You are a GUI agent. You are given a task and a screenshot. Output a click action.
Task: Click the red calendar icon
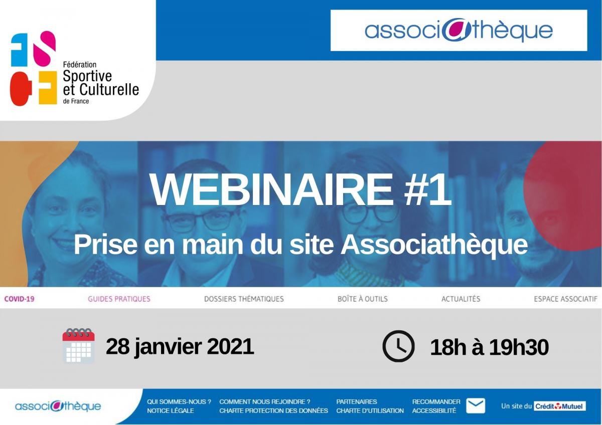78,345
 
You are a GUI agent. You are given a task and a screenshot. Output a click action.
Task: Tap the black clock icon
398,346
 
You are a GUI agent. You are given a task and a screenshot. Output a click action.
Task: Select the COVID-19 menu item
20,299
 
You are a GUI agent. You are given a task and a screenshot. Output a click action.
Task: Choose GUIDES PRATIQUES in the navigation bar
119,299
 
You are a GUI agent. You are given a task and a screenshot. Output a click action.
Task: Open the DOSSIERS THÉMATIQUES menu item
244,299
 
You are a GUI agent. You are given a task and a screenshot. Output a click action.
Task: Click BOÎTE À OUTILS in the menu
363,299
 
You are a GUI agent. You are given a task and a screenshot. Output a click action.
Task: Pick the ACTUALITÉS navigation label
461,299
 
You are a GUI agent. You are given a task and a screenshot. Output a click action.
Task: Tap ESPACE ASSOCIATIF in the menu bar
565,299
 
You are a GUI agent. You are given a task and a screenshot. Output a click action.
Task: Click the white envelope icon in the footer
476,405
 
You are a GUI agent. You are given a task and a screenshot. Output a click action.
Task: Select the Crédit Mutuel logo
560,406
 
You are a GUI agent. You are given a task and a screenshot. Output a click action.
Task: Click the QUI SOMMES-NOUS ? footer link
179,401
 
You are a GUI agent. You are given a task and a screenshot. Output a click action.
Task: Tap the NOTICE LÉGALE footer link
170,410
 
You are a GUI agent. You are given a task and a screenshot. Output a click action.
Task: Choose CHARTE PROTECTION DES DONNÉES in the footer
273,410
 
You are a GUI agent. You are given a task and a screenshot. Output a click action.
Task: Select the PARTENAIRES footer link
356,401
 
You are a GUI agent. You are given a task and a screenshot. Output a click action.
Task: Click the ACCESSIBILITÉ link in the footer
434,410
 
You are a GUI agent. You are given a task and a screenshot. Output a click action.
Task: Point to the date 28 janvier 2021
180,347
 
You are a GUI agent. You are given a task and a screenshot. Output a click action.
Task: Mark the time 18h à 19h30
490,347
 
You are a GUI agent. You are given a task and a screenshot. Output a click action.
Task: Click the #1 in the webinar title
427,189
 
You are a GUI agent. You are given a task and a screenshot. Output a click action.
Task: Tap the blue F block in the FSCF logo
19,50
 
